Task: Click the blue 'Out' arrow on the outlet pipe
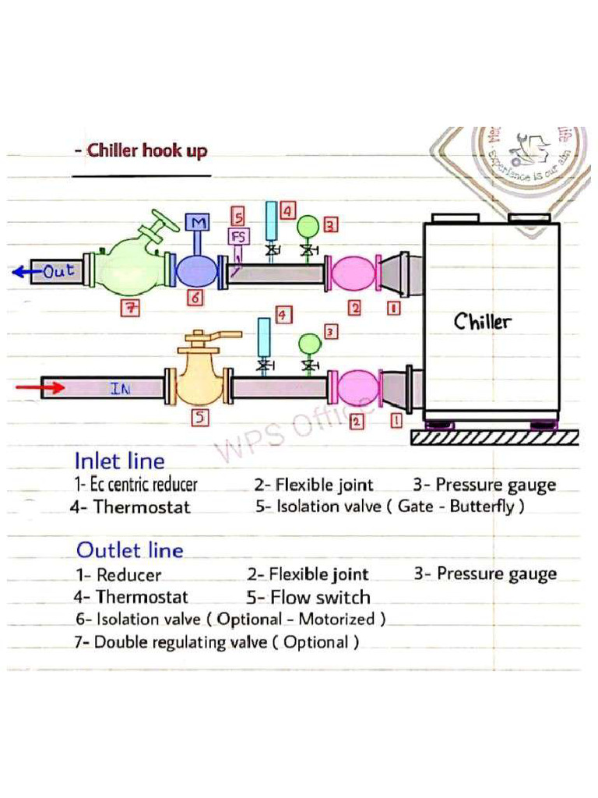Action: click(23, 272)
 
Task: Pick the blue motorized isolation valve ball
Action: click(197, 272)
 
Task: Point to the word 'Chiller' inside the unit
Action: click(483, 321)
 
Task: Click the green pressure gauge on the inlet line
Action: click(310, 343)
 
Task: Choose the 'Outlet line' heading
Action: click(129, 550)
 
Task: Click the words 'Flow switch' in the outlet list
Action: click(319, 598)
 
